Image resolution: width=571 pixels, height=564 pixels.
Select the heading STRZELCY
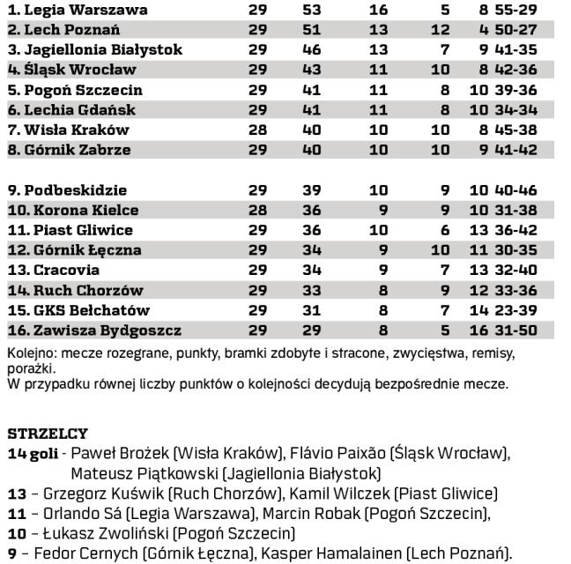pyautogui.click(x=48, y=434)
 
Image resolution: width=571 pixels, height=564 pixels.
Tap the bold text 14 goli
pyautogui.click(x=33, y=454)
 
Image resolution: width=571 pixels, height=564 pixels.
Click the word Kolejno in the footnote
pyautogui.click(x=28, y=352)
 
